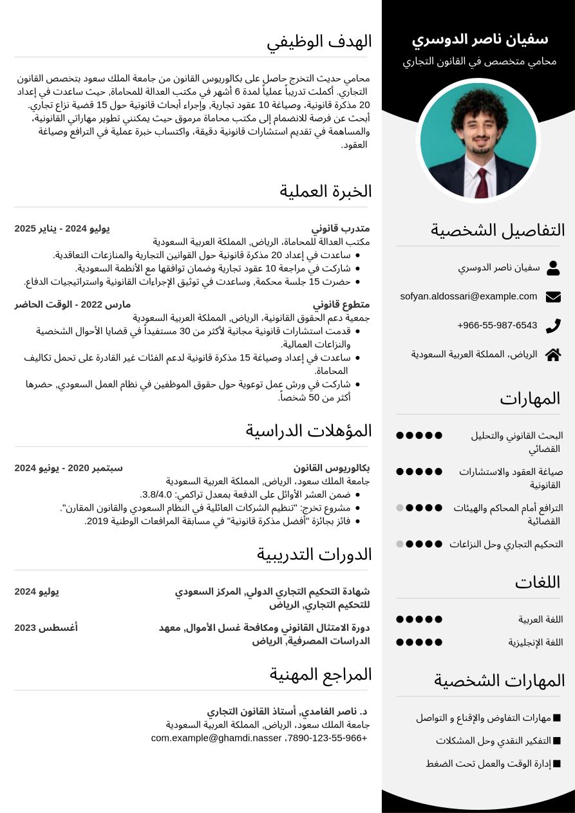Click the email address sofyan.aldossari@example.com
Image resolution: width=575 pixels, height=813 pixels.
(x=468, y=296)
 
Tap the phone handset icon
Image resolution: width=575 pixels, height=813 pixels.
(x=553, y=326)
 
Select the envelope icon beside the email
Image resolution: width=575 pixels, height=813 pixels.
(x=553, y=297)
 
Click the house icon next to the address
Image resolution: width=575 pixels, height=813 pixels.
(x=553, y=355)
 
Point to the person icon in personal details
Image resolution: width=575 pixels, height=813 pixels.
(x=553, y=268)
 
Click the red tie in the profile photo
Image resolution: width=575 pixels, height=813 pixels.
(x=481, y=182)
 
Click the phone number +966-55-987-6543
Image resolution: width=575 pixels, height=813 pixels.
(x=497, y=325)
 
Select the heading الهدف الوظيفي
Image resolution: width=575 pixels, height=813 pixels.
(x=319, y=42)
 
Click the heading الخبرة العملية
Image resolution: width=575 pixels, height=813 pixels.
(x=325, y=191)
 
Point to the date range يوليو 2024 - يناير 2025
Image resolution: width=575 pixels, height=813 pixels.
(x=62, y=229)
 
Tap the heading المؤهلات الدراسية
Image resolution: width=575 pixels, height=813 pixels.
(x=308, y=431)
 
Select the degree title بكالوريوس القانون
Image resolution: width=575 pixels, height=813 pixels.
(x=332, y=468)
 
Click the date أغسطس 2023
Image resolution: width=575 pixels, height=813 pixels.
(x=46, y=628)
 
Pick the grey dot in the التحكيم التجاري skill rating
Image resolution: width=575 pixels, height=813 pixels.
(x=400, y=544)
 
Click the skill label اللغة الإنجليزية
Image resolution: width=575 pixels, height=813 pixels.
(x=536, y=642)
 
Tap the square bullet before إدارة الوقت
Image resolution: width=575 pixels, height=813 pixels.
(x=557, y=763)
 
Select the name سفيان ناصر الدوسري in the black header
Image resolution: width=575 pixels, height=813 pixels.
(x=480, y=40)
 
